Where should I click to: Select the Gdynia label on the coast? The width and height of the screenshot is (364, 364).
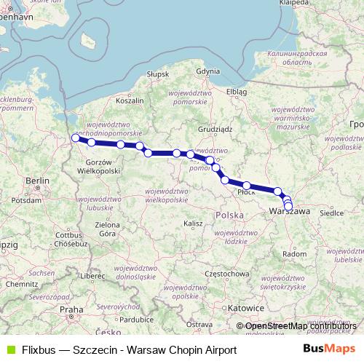[x=207, y=71]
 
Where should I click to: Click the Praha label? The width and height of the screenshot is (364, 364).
[x=71, y=309]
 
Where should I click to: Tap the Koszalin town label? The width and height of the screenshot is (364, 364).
[x=128, y=101]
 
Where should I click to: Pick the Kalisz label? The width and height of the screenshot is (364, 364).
[x=193, y=223]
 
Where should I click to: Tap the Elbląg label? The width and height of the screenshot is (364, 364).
[x=237, y=92]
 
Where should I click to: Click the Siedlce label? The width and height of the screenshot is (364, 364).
[x=332, y=215]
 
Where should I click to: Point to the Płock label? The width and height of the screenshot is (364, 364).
[x=246, y=193]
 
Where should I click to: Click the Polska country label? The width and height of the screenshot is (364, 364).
[x=229, y=216]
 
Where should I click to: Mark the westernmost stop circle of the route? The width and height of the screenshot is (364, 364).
[x=75, y=138]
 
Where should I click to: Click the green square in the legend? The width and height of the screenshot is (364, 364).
[x=9, y=350]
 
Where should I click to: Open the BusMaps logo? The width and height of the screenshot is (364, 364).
[x=329, y=349]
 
